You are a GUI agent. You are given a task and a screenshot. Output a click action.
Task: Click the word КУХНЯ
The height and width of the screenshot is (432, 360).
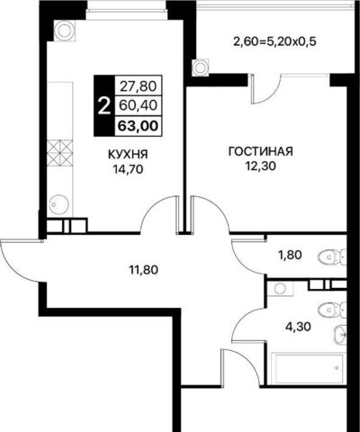click(128, 155)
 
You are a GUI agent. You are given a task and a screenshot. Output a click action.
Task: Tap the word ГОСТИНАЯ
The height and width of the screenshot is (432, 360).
click(260, 151)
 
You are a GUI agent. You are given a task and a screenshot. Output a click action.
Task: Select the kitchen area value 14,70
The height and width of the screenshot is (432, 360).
click(128, 170)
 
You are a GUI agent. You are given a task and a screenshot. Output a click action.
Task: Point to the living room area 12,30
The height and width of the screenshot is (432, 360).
click(261, 166)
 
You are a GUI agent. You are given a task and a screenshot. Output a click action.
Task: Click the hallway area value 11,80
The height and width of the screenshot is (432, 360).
click(143, 270)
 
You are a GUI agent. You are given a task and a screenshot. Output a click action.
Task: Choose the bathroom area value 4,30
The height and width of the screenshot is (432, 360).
click(298, 326)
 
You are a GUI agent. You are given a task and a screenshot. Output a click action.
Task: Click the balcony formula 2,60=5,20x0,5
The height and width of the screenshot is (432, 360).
click(274, 41)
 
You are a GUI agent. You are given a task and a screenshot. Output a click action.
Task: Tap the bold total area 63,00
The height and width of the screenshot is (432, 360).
click(138, 126)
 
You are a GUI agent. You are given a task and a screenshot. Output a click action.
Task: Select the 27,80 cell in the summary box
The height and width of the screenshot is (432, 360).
click(139, 86)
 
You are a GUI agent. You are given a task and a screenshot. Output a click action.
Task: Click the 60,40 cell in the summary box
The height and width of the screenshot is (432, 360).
click(138, 105)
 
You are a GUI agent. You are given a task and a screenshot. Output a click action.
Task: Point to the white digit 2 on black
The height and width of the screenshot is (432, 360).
click(103, 107)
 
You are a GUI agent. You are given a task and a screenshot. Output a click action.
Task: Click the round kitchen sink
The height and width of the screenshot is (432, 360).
click(58, 204)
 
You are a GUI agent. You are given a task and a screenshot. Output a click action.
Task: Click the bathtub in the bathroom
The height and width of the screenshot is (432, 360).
click(307, 368)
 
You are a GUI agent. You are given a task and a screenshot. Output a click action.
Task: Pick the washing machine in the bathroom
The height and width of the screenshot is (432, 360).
click(281, 289)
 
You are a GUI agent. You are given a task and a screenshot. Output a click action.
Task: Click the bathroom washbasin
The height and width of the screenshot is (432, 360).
click(340, 335)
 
